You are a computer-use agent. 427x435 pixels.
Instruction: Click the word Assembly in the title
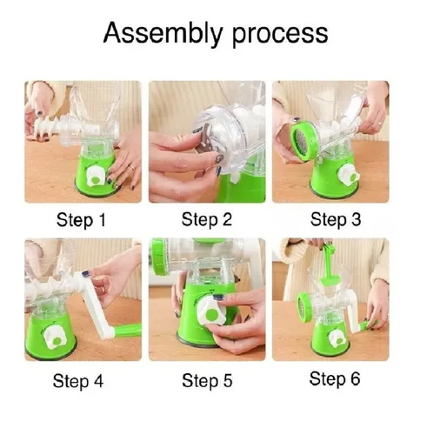coord(163,34)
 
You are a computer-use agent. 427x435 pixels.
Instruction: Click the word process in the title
coord(280,35)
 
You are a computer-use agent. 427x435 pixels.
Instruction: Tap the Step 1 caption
coord(81,220)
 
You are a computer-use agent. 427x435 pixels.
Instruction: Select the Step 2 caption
coord(207,219)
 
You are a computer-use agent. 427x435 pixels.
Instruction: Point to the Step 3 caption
coord(336,219)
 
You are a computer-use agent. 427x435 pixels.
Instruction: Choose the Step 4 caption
coord(78,380)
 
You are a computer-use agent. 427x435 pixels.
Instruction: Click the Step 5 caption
coord(207,380)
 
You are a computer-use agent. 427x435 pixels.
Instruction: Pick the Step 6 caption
coord(335,378)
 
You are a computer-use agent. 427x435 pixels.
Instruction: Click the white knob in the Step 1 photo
coord(96,176)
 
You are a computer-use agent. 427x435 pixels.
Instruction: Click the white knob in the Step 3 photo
coord(348,175)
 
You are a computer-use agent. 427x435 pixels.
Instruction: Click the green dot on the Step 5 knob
coord(212,314)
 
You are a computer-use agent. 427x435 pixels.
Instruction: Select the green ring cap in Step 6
coord(304,307)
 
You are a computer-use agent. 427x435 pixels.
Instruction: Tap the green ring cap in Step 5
coord(160,257)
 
